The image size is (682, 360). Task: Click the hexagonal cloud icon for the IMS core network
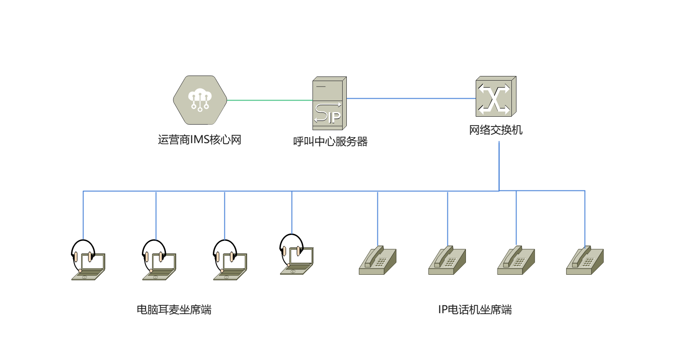point(200,100)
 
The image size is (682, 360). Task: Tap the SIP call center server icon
point(329,103)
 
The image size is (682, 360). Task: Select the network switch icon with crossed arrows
point(495,96)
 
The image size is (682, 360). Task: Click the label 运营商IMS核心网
point(200,140)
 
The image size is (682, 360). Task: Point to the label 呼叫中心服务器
point(331,142)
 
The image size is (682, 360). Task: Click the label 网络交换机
point(496,130)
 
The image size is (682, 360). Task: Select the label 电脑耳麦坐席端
point(174,309)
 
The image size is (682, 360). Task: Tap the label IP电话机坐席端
point(475,309)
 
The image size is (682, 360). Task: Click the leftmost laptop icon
point(89,266)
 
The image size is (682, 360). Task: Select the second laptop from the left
point(159,266)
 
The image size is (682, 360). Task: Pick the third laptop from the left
point(230,266)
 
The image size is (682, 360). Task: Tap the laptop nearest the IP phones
point(297,261)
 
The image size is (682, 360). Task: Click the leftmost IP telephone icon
point(377,261)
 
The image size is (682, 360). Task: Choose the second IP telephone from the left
point(447,261)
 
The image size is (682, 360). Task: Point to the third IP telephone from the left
point(516,261)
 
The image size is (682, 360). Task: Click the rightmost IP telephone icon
point(585,261)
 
